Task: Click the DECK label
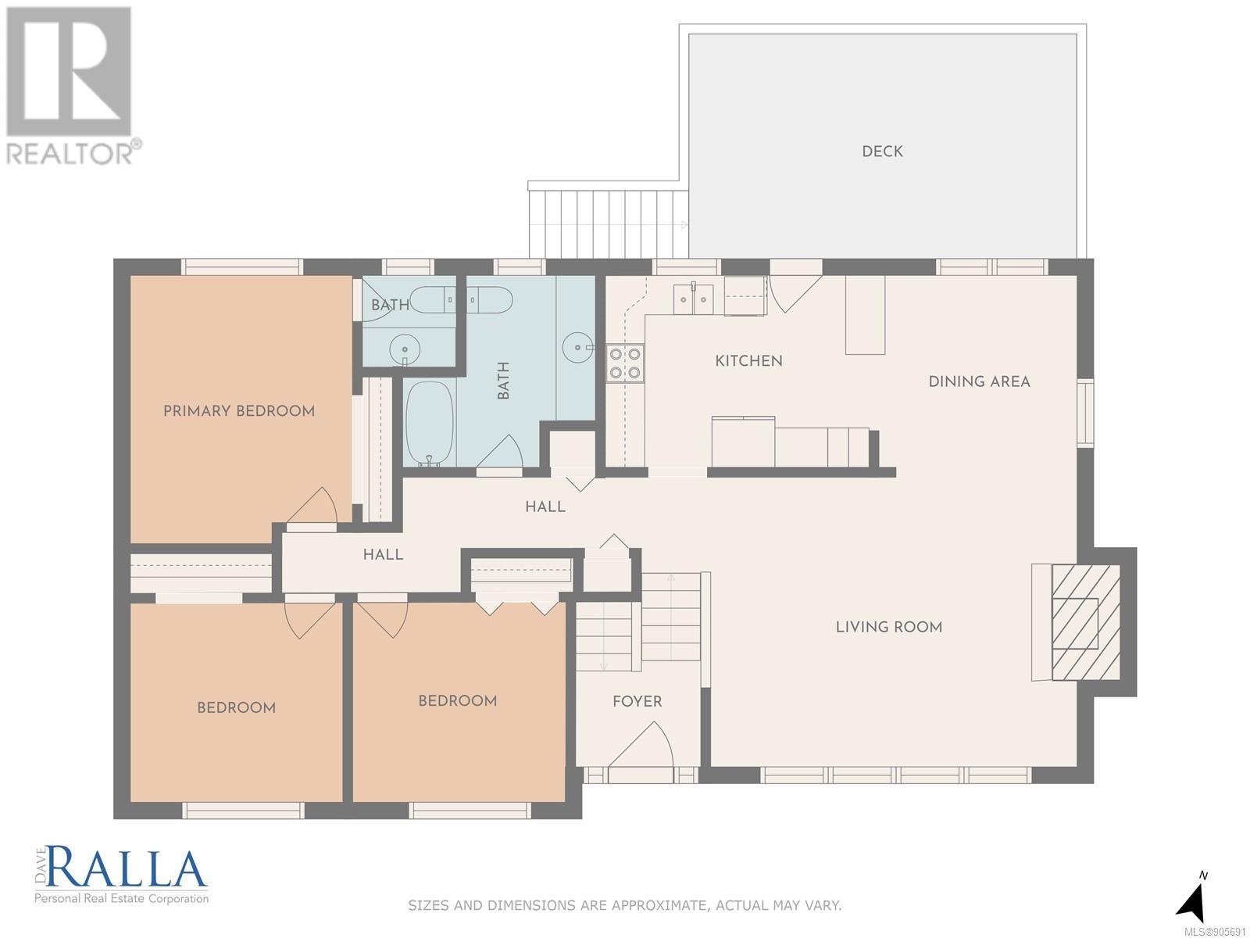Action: tap(882, 152)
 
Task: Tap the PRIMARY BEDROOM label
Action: tap(238, 410)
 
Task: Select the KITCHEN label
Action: tap(748, 360)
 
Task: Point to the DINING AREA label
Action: tap(979, 381)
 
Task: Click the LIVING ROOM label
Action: tap(889, 627)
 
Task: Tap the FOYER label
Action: tap(637, 701)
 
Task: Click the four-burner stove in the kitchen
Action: tap(625, 363)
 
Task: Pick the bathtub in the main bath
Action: tap(430, 424)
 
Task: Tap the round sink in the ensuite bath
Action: tap(405, 349)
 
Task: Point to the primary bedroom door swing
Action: tap(312, 506)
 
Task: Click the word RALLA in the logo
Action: tap(127, 868)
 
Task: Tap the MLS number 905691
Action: tap(1216, 931)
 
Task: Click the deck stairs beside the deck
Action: tap(608, 224)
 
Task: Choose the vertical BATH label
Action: tap(503, 381)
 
